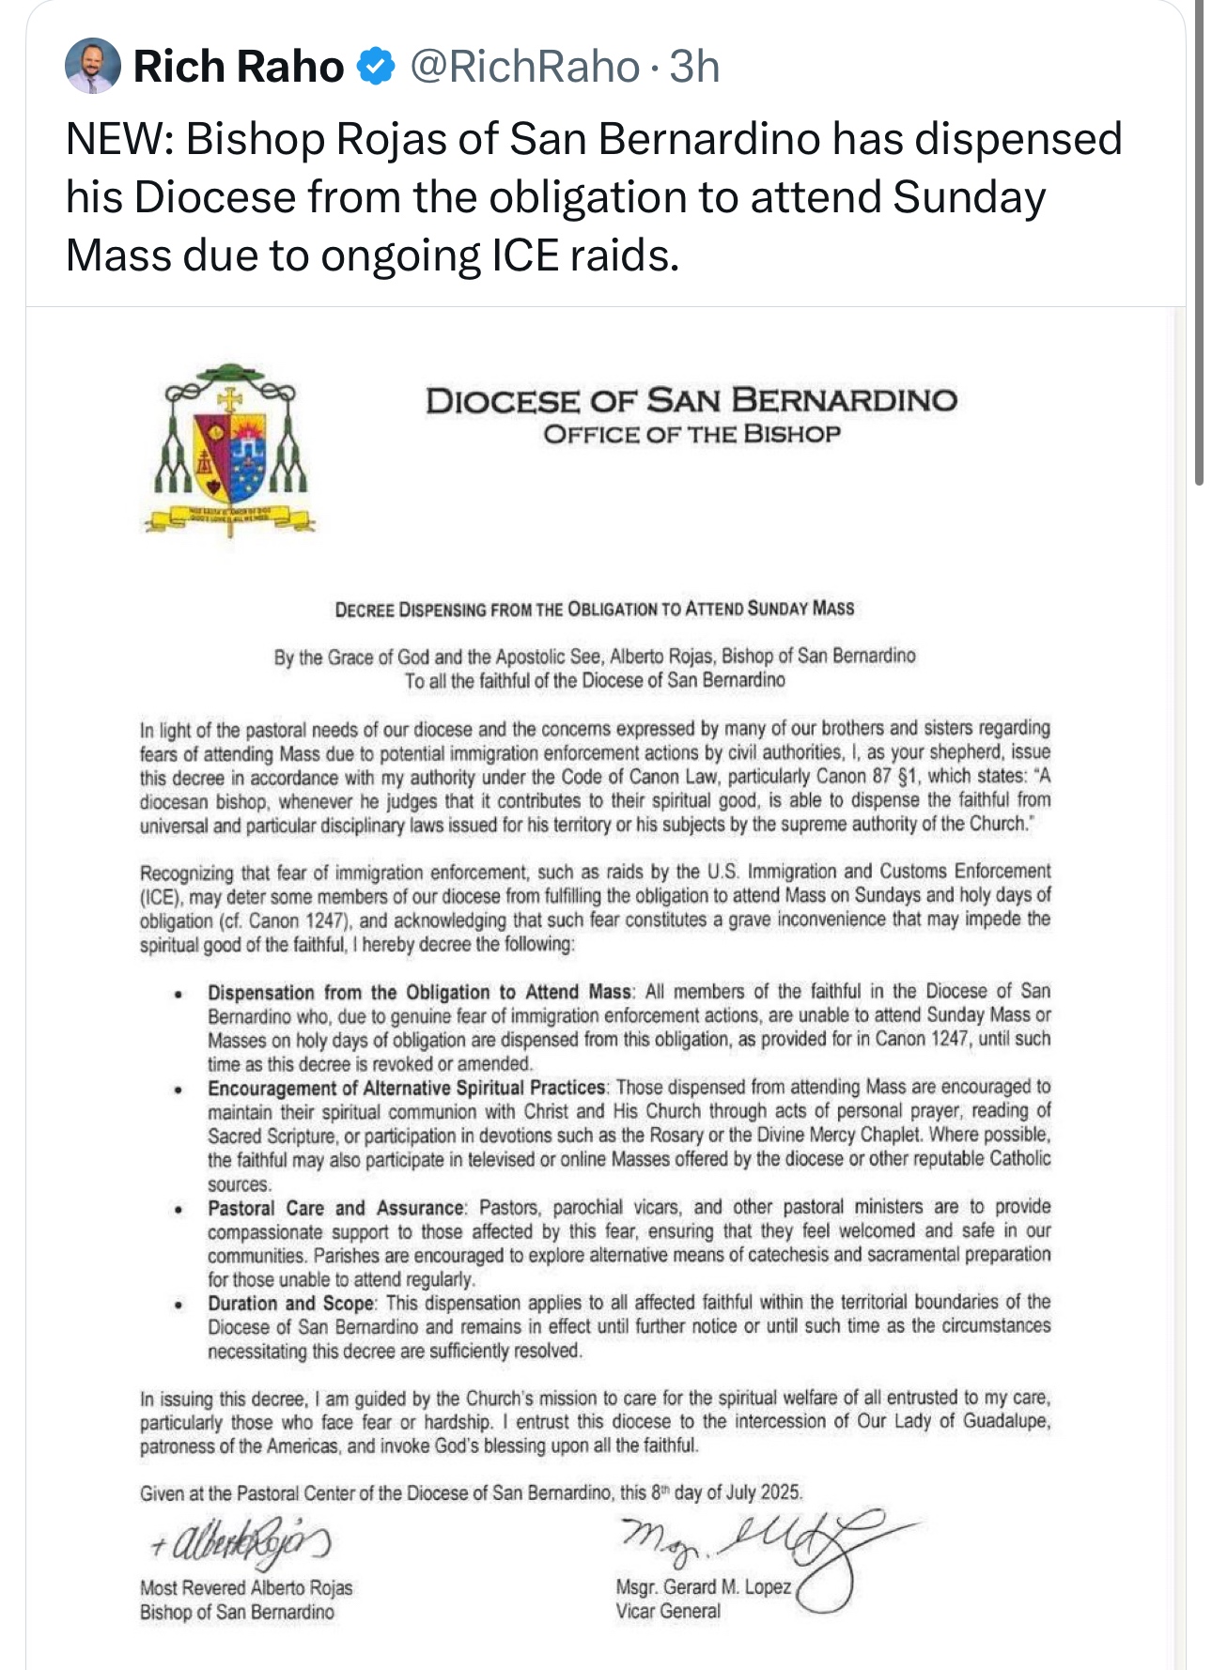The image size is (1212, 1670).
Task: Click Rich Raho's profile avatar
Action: click(x=92, y=66)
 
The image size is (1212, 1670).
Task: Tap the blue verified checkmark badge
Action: click(x=378, y=66)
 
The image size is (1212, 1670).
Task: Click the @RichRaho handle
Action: click(x=525, y=66)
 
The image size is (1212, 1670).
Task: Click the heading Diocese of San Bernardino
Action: click(x=691, y=401)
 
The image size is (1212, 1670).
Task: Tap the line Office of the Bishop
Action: click(x=691, y=434)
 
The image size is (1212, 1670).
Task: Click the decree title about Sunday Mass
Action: click(x=594, y=609)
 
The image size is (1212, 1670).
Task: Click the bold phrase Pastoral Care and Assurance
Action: click(x=335, y=1208)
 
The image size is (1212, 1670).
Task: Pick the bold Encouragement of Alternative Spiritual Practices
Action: click(x=407, y=1088)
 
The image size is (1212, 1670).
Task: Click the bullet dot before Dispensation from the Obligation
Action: click(x=178, y=994)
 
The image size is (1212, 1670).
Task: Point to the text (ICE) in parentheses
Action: click(x=161, y=896)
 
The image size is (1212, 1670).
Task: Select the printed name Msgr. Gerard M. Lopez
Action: click(x=703, y=1587)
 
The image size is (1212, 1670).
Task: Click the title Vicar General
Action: click(x=668, y=1611)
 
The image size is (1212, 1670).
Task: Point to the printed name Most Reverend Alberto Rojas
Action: click(x=246, y=1587)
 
